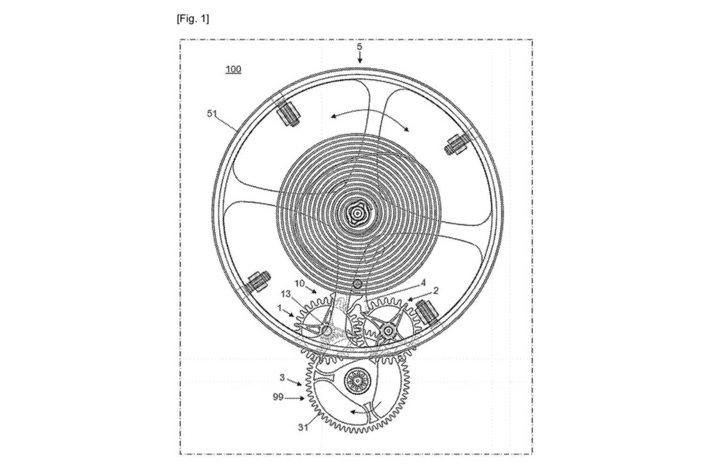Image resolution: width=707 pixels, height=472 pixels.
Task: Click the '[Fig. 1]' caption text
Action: (193, 19)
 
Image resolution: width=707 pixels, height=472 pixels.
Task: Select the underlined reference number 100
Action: (233, 69)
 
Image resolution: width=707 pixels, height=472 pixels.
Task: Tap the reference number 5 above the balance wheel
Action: (360, 46)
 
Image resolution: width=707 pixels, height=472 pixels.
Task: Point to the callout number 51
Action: (212, 113)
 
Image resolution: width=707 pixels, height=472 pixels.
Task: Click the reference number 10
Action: (300, 283)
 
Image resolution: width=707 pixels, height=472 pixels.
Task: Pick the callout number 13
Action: (287, 294)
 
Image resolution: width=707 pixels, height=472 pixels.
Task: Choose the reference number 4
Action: (423, 283)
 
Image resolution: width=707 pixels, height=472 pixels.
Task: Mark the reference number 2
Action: (436, 291)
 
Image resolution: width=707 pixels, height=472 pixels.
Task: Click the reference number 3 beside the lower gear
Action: (282, 377)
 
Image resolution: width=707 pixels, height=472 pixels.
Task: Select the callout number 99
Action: (278, 397)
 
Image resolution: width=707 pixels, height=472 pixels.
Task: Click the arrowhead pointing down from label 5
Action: (360, 60)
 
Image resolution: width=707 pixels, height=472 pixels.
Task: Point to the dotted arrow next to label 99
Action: (295, 398)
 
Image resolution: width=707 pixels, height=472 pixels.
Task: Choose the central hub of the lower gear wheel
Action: (357, 381)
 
